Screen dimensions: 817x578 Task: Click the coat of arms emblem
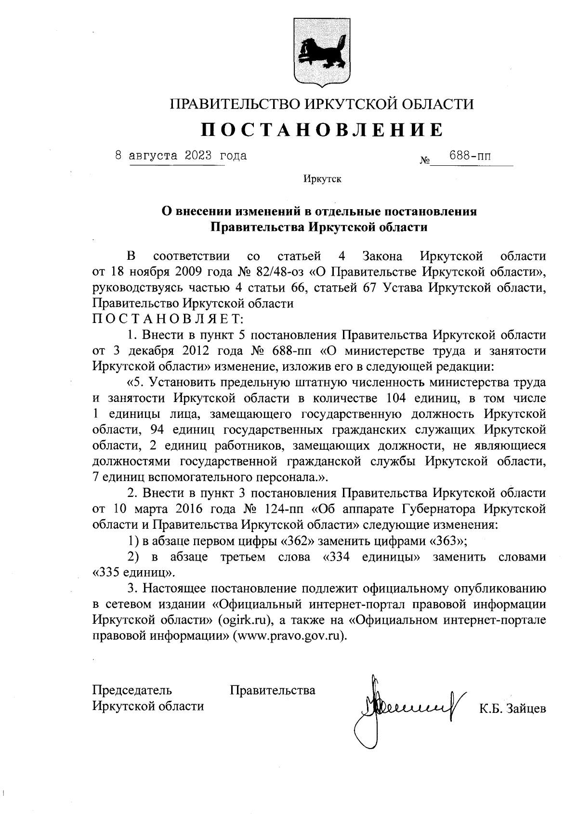click(x=322, y=52)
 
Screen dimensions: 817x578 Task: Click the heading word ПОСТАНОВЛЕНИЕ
click(x=322, y=130)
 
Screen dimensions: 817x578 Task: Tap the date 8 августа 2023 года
click(x=181, y=156)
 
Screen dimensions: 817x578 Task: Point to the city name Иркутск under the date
click(x=322, y=180)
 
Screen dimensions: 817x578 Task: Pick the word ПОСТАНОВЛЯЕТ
click(x=168, y=319)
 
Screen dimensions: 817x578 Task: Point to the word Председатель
click(x=132, y=690)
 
